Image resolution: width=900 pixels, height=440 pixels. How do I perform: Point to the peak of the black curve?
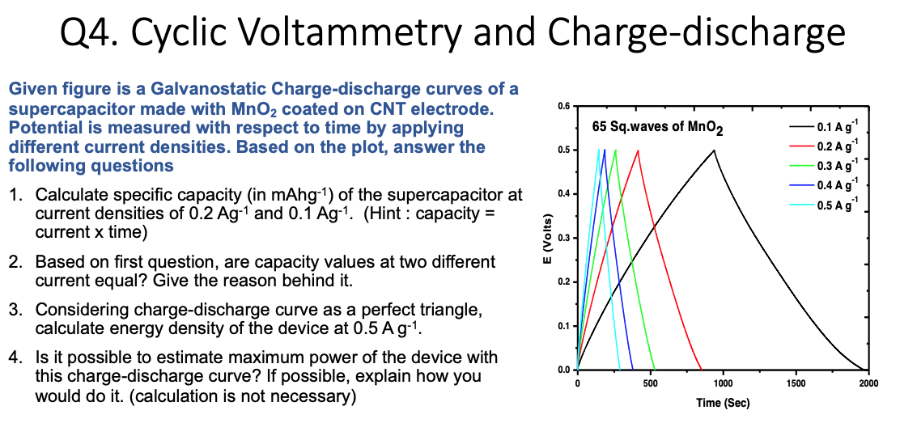point(714,150)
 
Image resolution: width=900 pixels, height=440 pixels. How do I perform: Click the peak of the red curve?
point(638,150)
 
